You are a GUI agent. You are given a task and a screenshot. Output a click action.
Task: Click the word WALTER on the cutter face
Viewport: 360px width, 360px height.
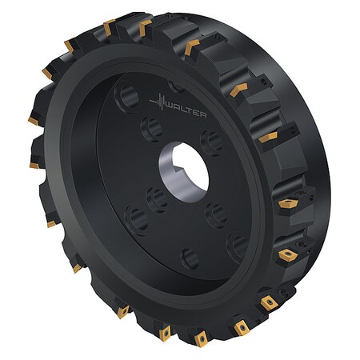pyautogui.click(x=186, y=111)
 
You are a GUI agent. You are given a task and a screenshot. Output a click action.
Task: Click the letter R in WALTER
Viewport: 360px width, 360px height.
pyautogui.click(x=205, y=115)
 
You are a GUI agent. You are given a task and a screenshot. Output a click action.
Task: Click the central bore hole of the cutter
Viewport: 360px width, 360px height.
pyautogui.click(x=189, y=169)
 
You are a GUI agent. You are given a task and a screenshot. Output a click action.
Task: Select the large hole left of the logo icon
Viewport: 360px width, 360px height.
pyautogui.click(x=126, y=101)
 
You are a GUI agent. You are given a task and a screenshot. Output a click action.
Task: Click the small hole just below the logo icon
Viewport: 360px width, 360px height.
pyautogui.click(x=150, y=126)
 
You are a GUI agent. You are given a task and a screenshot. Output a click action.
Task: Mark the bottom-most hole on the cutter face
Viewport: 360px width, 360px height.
pyautogui.click(x=189, y=258)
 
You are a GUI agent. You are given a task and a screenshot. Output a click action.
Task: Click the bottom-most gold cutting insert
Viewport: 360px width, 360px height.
pyautogui.click(x=200, y=339)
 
